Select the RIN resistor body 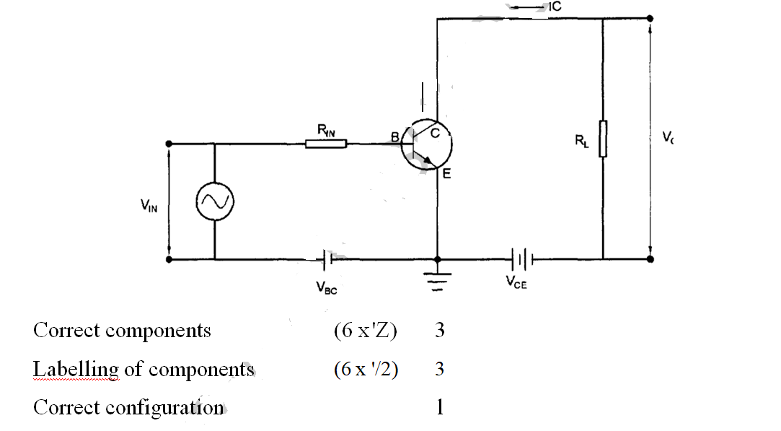pyautogui.click(x=326, y=144)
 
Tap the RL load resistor pyautogui.click(x=603, y=139)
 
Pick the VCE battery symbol pyautogui.click(x=522, y=258)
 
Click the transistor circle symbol pyautogui.click(x=427, y=144)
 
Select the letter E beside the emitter pyautogui.click(x=446, y=174)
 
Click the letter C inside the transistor pyautogui.click(x=436, y=133)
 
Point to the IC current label pyautogui.click(x=554, y=6)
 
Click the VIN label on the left pyautogui.click(x=149, y=206)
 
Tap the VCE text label pyautogui.click(x=516, y=283)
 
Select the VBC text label pyautogui.click(x=326, y=288)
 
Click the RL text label pyautogui.click(x=581, y=142)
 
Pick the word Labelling pyautogui.click(x=76, y=370)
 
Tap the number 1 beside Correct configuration pyautogui.click(x=440, y=408)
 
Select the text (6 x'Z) pyautogui.click(x=365, y=331)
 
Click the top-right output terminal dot pyautogui.click(x=650, y=19)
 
